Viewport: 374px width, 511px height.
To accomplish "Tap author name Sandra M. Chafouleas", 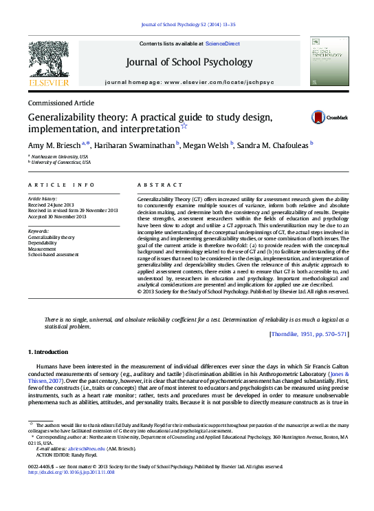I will coord(274,144).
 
